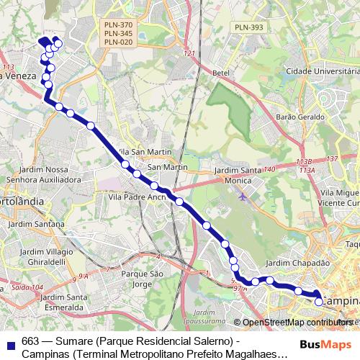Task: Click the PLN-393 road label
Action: (x=249, y=27)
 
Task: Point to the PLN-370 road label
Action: (x=118, y=24)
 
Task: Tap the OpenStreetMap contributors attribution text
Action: (x=296, y=323)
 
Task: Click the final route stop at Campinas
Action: (x=319, y=302)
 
